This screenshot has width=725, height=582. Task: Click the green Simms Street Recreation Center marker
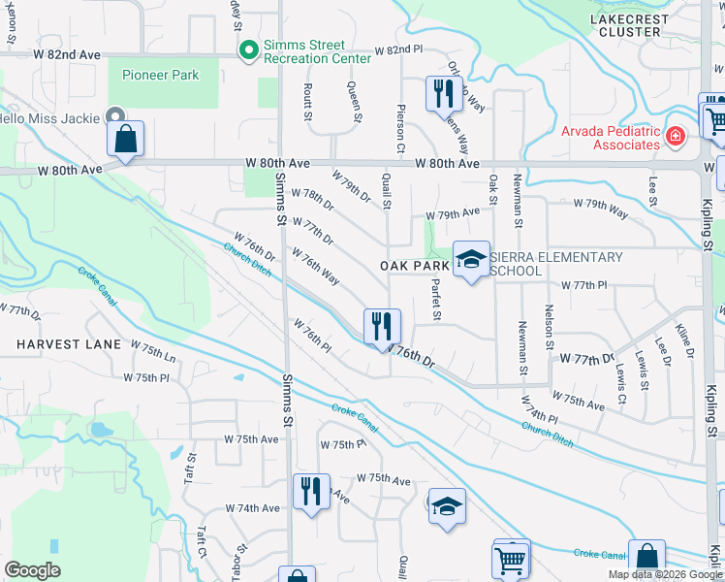click(x=249, y=48)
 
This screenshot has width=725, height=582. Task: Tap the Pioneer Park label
click(x=160, y=75)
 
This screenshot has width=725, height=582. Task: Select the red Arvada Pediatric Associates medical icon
click(x=675, y=138)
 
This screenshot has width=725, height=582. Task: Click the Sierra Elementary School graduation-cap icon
click(x=472, y=259)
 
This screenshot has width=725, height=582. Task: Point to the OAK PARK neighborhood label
click(x=414, y=265)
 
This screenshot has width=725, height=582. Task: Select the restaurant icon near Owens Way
click(x=440, y=94)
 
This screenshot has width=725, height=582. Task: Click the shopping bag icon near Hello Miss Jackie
click(x=126, y=138)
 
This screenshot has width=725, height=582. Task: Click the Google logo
click(x=33, y=570)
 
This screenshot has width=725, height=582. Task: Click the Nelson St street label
click(x=549, y=326)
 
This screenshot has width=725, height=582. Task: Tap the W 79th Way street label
click(x=600, y=204)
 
